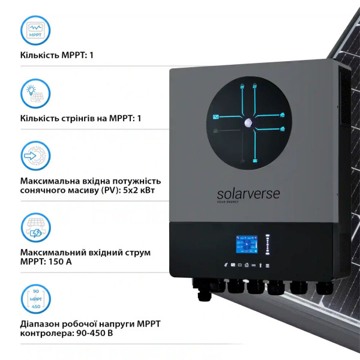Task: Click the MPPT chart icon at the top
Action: pos(35,30)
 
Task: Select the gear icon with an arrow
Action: pos(35,157)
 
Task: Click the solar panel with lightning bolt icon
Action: pos(35,229)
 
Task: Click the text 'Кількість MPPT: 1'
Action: pos(58,56)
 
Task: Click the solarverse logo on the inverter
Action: pos(248,195)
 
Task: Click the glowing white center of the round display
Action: pos(247,122)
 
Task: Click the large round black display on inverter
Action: pos(248,122)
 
